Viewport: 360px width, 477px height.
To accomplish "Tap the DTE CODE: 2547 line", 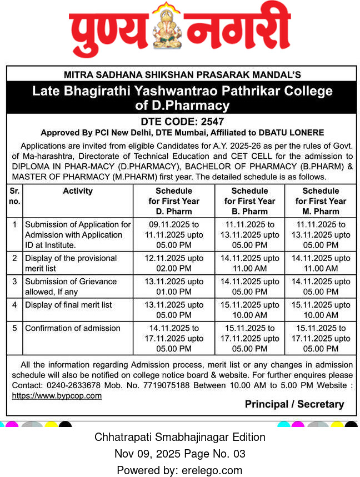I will coord(181,122).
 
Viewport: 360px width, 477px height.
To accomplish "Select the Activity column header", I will coord(78,191).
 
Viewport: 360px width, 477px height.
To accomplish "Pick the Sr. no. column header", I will coord(14,196).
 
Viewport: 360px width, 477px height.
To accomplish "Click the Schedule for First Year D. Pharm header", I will coord(174,201).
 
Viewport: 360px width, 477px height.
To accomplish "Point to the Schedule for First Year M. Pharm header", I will coord(321,201).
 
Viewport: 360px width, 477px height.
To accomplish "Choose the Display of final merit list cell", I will coord(68,305).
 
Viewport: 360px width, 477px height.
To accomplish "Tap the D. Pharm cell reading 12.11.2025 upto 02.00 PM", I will coord(174,263).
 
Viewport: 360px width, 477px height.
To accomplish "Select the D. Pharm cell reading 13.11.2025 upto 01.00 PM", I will coord(174,287).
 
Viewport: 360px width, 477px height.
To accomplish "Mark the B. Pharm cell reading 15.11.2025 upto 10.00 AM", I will coord(249,310).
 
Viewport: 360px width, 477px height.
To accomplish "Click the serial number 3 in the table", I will coord(14,282).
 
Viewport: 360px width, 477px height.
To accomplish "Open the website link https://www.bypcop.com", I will coord(57,396).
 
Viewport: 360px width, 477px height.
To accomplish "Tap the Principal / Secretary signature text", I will coord(294,404).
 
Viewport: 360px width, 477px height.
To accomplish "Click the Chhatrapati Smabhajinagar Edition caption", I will coord(180,437).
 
